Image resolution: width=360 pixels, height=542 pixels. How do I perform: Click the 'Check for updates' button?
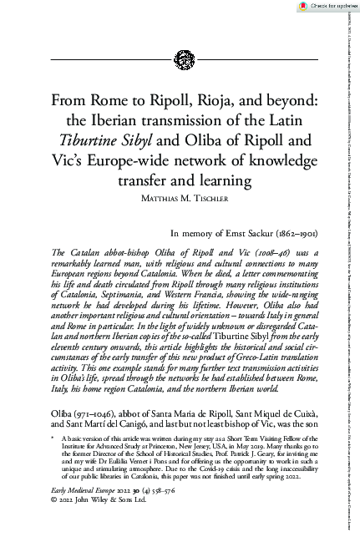(x=325, y=5)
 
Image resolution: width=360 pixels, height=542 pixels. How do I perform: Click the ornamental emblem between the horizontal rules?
(x=180, y=59)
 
